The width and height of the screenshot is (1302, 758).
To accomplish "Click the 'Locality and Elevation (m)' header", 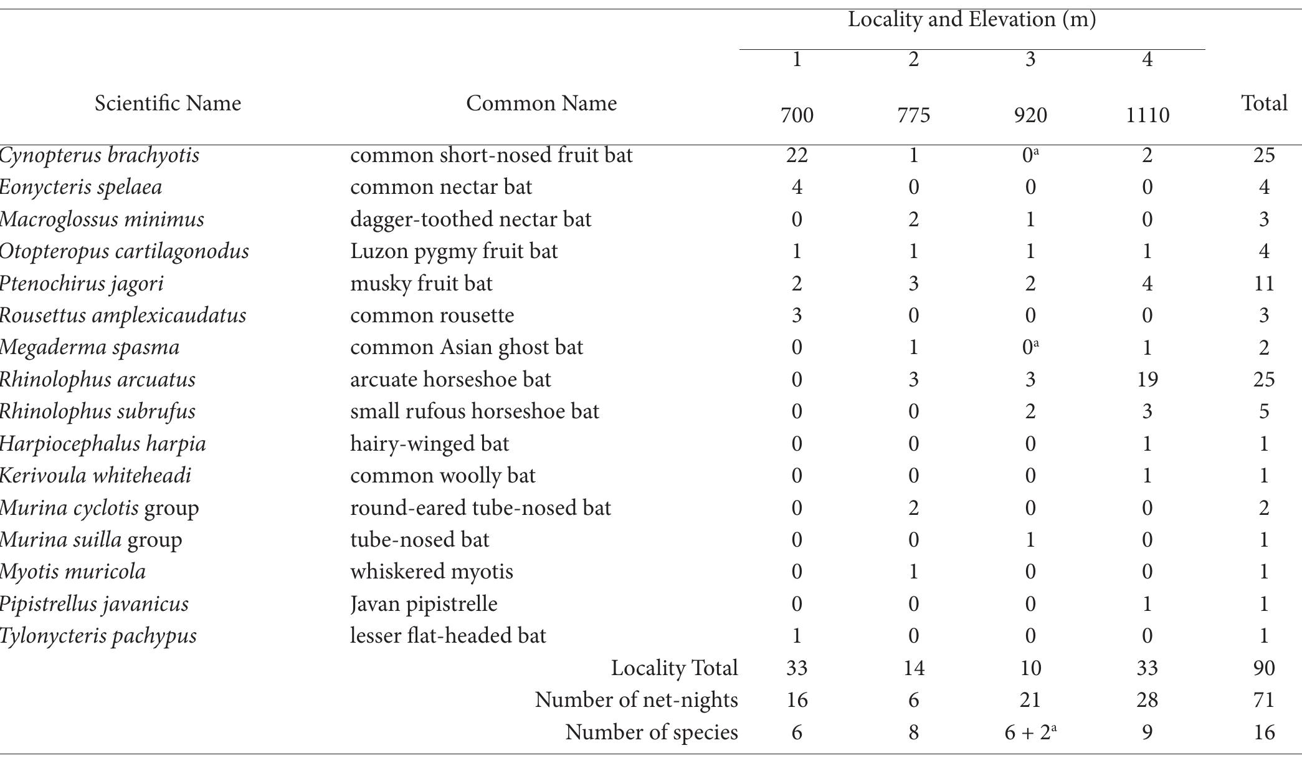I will [x=971, y=20].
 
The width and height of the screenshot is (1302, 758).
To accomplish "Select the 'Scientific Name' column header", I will [x=168, y=103].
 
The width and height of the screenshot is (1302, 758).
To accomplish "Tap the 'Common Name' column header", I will [x=541, y=103].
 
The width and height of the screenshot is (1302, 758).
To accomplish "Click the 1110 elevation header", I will [x=1147, y=115].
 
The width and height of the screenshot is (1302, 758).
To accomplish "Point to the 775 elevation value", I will [x=913, y=115].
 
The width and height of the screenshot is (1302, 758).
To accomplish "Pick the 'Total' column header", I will [x=1264, y=103].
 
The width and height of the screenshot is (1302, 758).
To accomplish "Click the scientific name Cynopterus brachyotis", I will [x=100, y=155].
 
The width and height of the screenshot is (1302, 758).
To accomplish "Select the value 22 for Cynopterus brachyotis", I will [x=797, y=155].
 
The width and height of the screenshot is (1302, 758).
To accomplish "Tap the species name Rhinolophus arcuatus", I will [x=98, y=380].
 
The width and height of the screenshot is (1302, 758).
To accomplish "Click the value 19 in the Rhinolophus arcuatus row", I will [x=1147, y=380].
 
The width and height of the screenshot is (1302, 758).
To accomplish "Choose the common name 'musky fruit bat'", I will [x=421, y=284].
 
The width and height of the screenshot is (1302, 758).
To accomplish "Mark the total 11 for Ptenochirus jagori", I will [x=1264, y=284].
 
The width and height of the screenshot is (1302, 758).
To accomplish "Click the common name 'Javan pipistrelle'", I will [x=424, y=604].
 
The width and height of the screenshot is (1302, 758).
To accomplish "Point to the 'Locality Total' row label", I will [x=674, y=668].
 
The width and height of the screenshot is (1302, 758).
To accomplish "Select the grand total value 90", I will [x=1264, y=668].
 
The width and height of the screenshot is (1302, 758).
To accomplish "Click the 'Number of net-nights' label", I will [x=636, y=700].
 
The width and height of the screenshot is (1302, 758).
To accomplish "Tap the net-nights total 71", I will [x=1264, y=700].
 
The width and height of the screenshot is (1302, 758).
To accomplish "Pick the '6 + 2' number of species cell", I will [x=1030, y=732].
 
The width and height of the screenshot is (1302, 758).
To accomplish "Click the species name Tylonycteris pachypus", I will [x=98, y=636].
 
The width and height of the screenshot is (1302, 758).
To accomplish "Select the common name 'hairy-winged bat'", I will [x=429, y=444].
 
